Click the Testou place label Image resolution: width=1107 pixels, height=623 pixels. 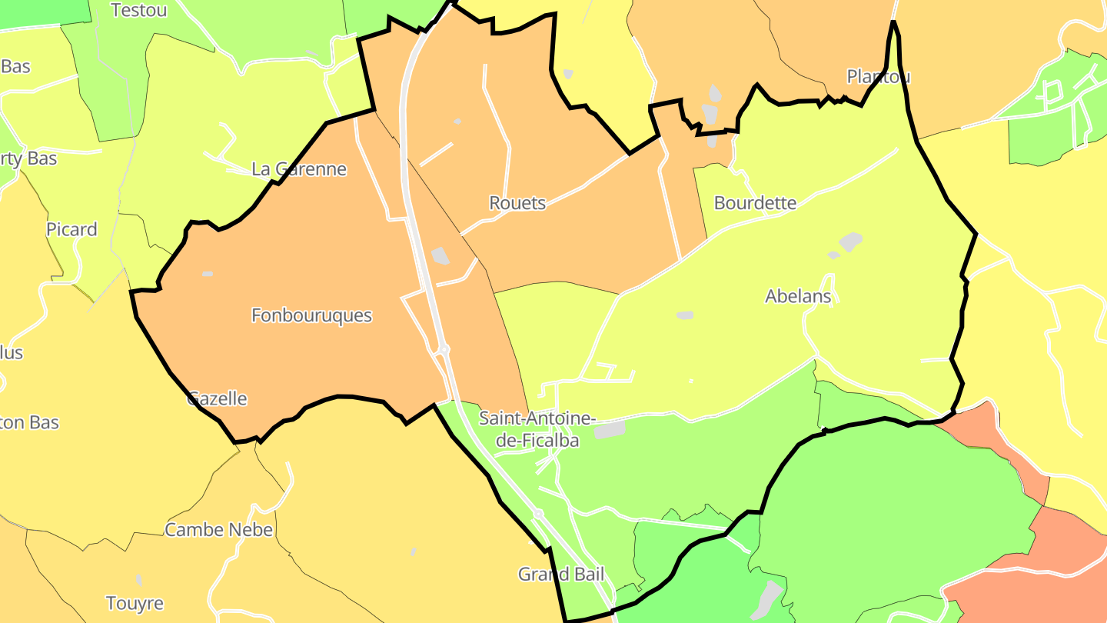[138, 10]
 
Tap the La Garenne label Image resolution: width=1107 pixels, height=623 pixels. [300, 169]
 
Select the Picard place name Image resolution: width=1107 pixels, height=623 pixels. [71, 229]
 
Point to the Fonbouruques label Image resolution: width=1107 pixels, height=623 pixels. [311, 315]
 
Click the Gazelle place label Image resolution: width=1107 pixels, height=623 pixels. [218, 398]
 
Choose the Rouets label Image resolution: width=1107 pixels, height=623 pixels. [517, 203]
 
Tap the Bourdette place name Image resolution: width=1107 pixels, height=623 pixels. [755, 203]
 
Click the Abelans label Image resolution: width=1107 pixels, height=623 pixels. [798, 296]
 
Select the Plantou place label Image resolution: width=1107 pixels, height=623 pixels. [878, 76]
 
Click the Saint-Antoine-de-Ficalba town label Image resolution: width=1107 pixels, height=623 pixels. [537, 429]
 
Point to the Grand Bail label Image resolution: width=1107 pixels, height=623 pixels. [560, 574]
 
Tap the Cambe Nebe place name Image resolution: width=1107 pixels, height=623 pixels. [218, 530]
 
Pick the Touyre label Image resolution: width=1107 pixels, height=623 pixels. [135, 603]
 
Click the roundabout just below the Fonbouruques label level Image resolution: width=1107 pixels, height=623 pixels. [444, 351]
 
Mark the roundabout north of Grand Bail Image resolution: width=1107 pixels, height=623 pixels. [539, 513]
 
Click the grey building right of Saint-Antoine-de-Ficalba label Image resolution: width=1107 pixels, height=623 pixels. [610, 429]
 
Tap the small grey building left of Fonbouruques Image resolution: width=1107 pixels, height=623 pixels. [207, 274]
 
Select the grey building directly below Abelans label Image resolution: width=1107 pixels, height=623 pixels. [684, 315]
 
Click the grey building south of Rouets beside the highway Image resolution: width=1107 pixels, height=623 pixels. [440, 255]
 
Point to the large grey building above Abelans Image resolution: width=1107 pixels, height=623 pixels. [850, 242]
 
